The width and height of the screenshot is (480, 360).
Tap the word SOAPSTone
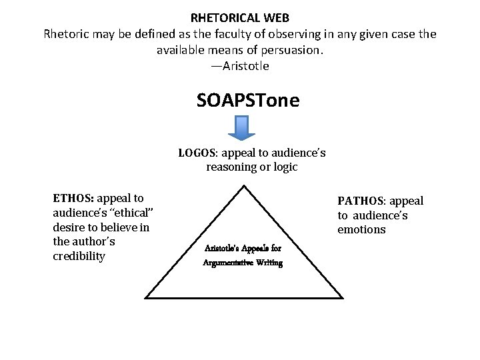[248, 101]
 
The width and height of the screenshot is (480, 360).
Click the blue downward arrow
[242, 127]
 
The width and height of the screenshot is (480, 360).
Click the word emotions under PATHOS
[361, 230]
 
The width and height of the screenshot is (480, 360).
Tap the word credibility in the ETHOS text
[79, 257]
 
